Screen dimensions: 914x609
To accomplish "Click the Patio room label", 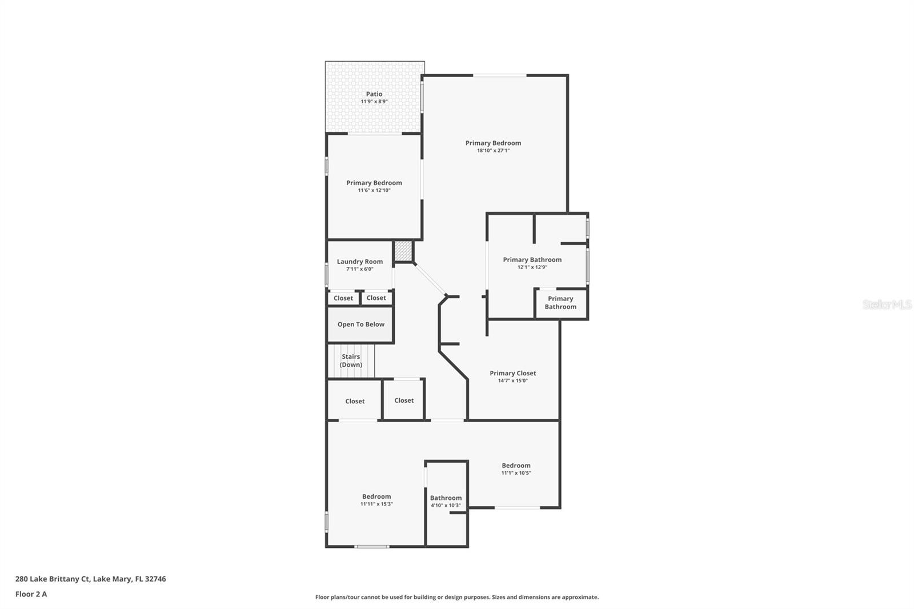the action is coord(374,94).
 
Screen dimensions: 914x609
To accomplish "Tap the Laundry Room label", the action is coord(360,262).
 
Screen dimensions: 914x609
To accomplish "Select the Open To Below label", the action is coord(360,324).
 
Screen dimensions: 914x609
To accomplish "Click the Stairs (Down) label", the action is coord(351,360).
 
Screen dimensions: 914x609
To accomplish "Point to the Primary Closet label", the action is coord(513,373).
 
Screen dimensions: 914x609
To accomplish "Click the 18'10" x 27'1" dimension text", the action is coord(494,150).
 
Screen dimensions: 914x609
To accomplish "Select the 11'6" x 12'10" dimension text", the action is coord(374,190).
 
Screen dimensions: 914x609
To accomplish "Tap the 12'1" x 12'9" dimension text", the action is coord(532,267).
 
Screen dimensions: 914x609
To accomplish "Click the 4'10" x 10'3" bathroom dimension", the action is coord(446,506).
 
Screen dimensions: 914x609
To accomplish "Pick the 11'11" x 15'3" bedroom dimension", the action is coord(376,504).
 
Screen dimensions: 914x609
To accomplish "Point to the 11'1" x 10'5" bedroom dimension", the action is coord(516,473).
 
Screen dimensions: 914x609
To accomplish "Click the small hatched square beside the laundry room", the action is coord(403,251).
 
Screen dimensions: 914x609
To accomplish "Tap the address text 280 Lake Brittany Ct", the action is coord(52,579).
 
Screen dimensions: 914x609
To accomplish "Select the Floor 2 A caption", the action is coord(31,594).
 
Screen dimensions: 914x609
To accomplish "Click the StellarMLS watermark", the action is coord(887,304).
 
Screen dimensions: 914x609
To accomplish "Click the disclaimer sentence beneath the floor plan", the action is coord(457,597).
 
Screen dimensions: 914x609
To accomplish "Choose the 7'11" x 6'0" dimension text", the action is coord(360,269).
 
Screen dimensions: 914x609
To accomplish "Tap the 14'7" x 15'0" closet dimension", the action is coord(513,381).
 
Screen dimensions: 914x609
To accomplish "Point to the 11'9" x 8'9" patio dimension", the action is coord(374,102).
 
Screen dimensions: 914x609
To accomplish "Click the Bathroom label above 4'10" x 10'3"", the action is coord(446,498).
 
